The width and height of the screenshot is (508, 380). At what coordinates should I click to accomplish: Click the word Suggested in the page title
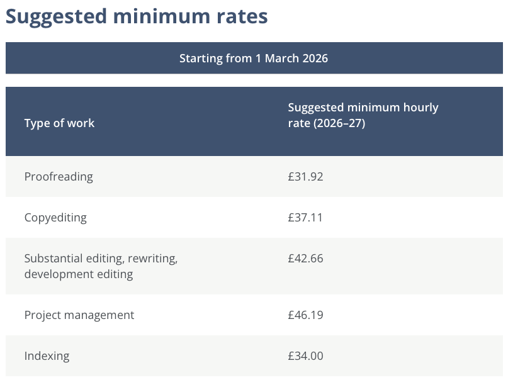coord(57,17)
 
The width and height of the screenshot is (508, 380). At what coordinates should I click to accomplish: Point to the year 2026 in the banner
coord(315,59)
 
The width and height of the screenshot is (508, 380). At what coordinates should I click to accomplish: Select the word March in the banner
coord(281,59)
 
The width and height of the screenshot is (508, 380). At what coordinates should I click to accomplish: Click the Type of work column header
coord(59,123)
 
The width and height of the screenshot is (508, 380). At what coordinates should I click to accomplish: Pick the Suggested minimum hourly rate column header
coord(363,108)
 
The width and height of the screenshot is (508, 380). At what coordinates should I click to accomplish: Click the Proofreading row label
coord(59,177)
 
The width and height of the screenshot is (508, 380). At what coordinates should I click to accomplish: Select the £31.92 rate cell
coord(305,177)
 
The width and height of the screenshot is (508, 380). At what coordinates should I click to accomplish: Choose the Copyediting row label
coord(55,218)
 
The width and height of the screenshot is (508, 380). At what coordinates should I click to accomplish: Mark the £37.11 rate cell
coord(305,218)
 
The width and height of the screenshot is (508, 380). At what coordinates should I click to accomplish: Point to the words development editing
coord(79,274)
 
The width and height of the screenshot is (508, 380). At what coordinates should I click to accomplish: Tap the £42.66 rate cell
coord(305,259)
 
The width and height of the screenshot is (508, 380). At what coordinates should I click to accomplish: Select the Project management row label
coord(79,315)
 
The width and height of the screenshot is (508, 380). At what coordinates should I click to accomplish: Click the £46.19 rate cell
coord(305,315)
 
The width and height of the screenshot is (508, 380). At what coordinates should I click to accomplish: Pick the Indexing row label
coord(47,356)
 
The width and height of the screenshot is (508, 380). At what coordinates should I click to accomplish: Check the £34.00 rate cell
coord(305,356)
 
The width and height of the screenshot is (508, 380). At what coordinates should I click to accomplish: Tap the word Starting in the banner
coord(200,59)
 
